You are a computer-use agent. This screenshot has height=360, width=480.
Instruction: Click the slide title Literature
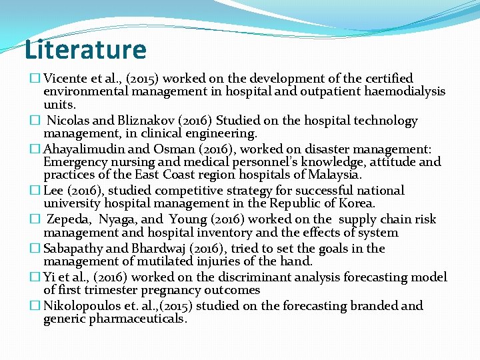[x=85, y=50]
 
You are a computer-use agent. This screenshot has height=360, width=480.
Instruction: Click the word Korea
[x=357, y=203]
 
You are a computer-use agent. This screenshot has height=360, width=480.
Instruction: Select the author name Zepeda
[x=70, y=219]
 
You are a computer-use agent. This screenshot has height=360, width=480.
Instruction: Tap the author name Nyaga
[x=118, y=219]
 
